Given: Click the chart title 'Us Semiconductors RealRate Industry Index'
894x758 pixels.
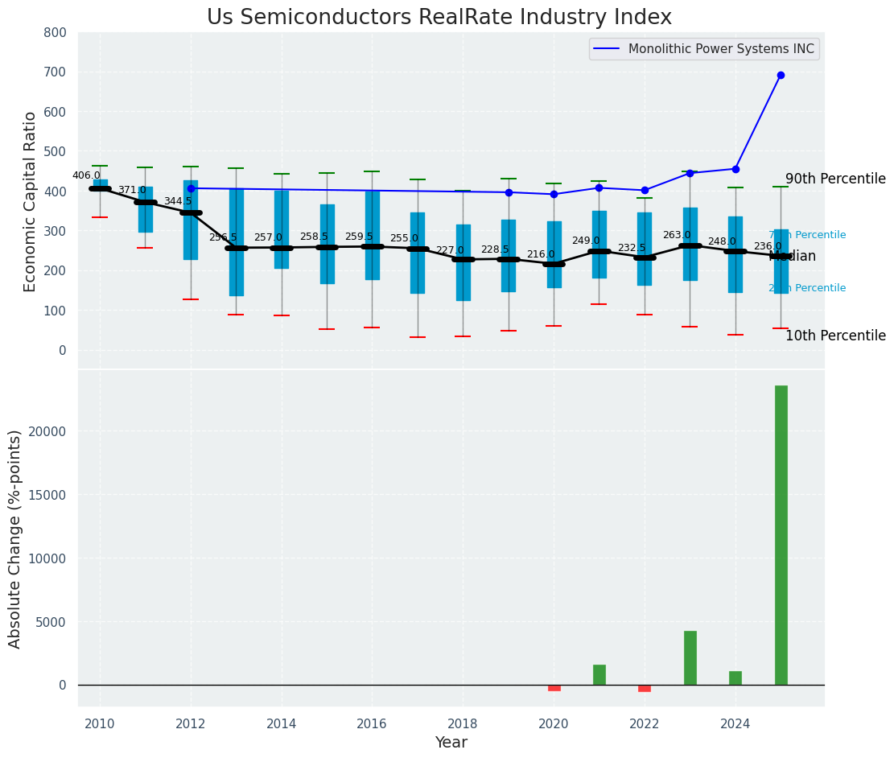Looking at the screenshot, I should [x=439, y=18].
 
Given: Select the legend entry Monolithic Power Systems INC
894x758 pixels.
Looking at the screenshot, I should [x=720, y=49].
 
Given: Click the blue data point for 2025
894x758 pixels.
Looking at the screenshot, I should [x=781, y=75].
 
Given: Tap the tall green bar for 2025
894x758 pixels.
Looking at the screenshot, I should [x=781, y=535].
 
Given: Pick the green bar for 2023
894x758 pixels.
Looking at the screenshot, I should [x=690, y=657].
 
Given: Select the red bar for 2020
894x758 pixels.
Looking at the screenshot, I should [x=554, y=688].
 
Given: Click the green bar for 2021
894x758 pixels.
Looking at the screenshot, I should [x=599, y=674].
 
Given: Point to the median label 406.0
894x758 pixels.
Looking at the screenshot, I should [x=86, y=175].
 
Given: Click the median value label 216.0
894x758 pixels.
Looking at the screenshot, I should [x=541, y=254].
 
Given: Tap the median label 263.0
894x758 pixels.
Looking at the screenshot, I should [x=677, y=235].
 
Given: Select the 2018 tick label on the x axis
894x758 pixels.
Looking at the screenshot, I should [x=463, y=723].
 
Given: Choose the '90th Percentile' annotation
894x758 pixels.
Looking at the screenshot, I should [x=835, y=179].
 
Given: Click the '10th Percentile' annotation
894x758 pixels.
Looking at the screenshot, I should [x=835, y=336].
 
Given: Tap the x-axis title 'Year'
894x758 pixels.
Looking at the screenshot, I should [x=451, y=743].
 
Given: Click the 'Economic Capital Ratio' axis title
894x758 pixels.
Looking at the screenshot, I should [x=31, y=201].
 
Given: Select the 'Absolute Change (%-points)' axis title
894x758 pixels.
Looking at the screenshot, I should [x=15, y=538].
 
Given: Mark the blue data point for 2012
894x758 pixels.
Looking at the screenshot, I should [x=191, y=188].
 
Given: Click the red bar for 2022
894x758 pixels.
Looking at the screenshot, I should [x=645, y=688].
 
